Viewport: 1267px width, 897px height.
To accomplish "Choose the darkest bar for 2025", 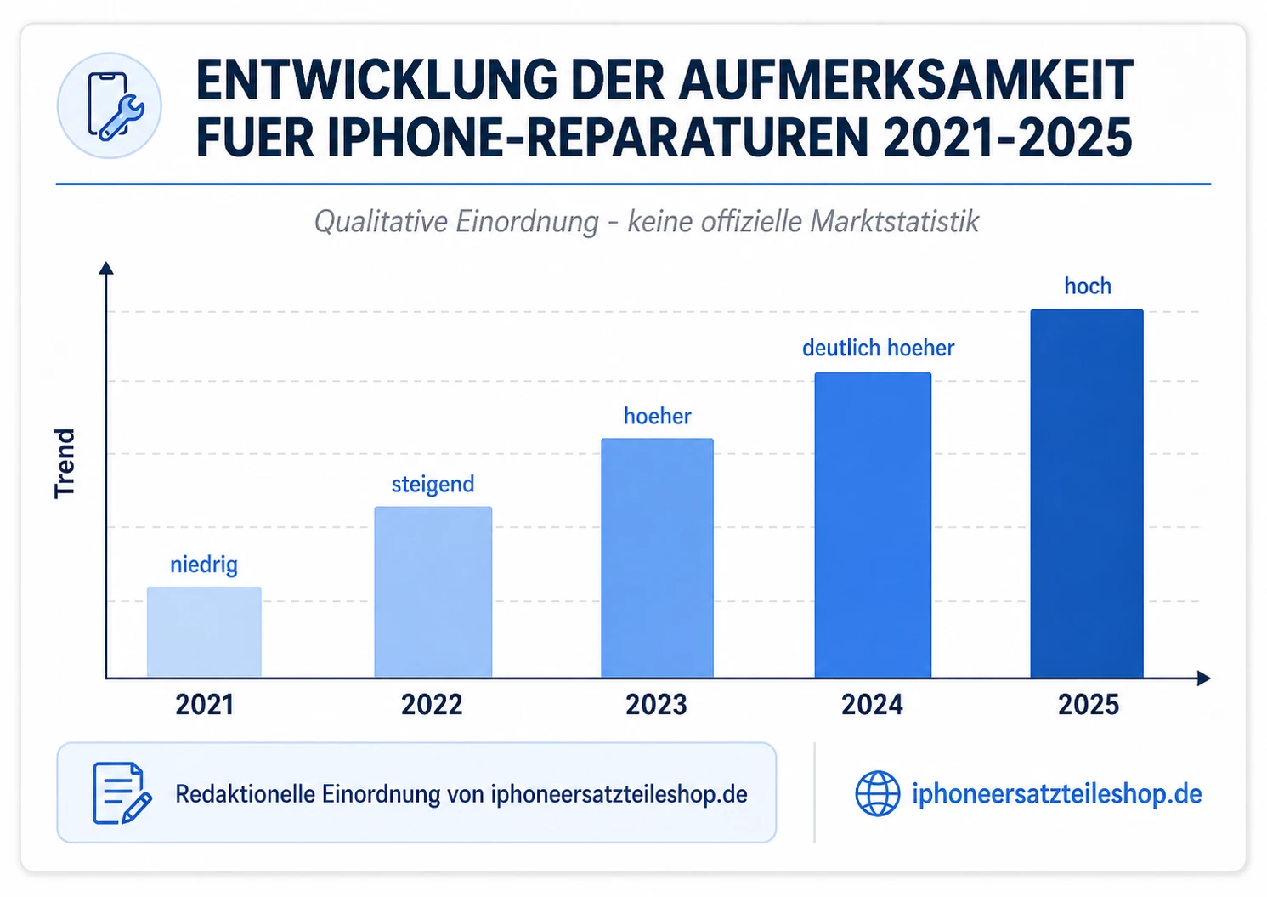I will coord(1087,493).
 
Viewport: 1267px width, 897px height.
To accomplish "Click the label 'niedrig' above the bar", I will coord(204,565).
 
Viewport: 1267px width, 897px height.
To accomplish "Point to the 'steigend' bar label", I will coord(433,485).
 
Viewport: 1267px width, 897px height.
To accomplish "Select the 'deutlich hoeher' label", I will coord(878,348).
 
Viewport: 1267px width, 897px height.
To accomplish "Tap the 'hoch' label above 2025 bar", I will coord(1088,287).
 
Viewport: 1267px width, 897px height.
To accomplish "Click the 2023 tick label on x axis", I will coord(656,705).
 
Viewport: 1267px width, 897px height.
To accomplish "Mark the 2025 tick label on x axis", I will coord(1089,705).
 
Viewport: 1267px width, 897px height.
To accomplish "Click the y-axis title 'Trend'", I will coord(65,463).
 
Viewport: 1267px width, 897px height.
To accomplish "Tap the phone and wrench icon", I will coord(110,106).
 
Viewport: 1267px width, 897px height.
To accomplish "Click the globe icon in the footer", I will coord(877,793).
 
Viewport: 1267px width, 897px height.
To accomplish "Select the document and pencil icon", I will coord(121,793).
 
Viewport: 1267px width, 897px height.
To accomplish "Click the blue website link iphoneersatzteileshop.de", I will coord(1056,793).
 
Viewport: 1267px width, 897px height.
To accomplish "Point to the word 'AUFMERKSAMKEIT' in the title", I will coord(905,82).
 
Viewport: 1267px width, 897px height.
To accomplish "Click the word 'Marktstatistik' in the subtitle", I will coord(894,222).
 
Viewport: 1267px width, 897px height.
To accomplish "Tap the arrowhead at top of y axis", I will coord(106,268).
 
